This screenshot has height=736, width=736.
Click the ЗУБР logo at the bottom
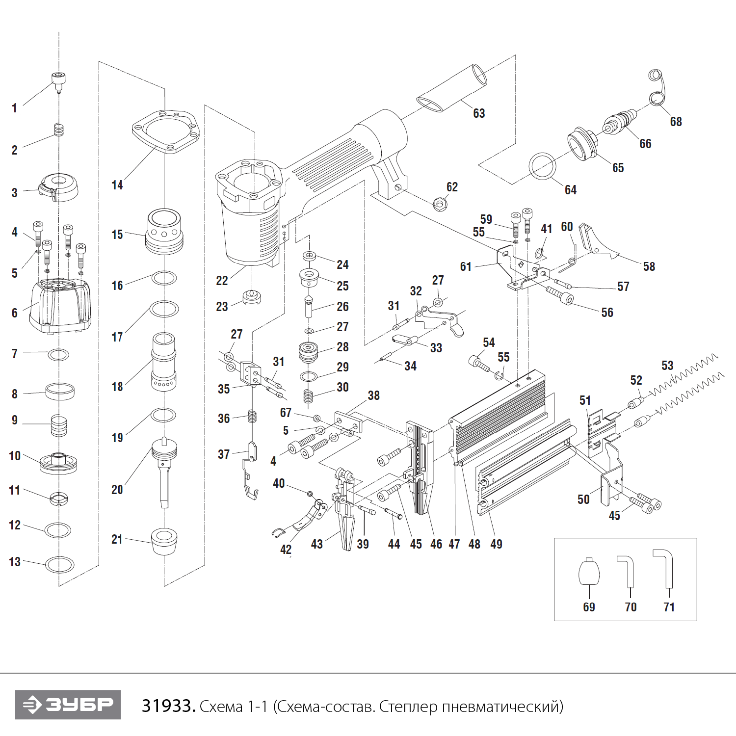(x=68, y=705)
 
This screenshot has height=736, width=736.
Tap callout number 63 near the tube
(x=479, y=113)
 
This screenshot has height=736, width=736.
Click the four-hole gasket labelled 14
(x=166, y=131)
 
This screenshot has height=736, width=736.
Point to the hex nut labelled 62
(x=440, y=203)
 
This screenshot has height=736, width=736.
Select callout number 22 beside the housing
(x=222, y=281)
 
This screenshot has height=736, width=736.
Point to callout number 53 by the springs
(x=667, y=366)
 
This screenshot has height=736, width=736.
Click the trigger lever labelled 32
(x=439, y=319)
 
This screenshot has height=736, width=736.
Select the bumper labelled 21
(x=164, y=541)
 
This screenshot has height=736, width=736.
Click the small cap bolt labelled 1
(x=58, y=81)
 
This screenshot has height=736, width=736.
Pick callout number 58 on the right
(x=649, y=266)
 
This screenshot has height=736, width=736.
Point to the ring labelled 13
(x=60, y=564)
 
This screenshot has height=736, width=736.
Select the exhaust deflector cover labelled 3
(x=58, y=187)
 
